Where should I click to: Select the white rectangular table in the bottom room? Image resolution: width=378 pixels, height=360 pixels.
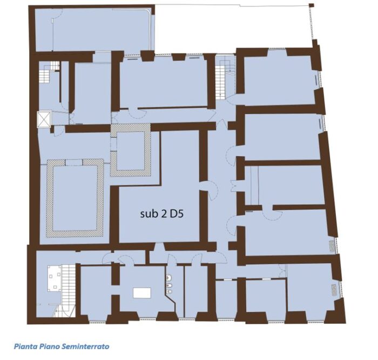point(141,293)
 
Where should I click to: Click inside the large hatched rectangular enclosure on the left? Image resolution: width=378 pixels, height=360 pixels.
point(75,198)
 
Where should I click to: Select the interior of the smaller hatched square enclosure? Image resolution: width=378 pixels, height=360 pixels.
point(130,150)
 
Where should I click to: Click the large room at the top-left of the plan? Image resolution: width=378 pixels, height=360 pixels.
point(92,31)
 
